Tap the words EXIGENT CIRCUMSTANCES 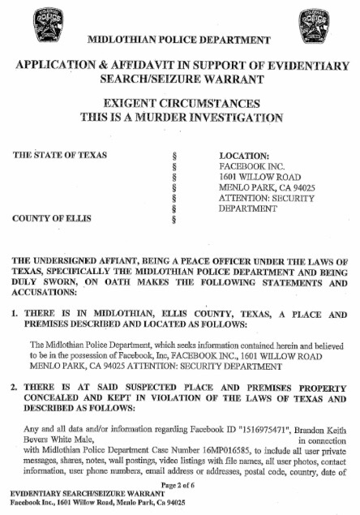(179, 104)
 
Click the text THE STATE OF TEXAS (61, 154)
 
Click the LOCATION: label (245, 154)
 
